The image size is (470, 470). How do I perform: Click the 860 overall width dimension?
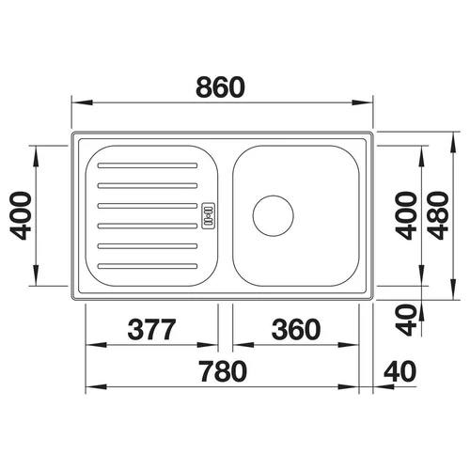pos(220,87)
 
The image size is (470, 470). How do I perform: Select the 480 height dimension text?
pos(439,215)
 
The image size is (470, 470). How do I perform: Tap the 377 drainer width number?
pos(151,329)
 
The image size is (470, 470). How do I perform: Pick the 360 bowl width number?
pos(296,329)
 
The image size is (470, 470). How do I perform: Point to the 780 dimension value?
pos(223,371)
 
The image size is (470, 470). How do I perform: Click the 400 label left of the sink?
pos(21,215)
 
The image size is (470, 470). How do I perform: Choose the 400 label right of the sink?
pos(406,215)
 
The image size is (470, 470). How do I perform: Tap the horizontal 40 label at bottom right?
pos(400,371)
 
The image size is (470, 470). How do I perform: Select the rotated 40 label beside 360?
pos(406,320)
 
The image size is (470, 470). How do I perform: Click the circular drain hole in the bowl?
pos(273,215)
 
